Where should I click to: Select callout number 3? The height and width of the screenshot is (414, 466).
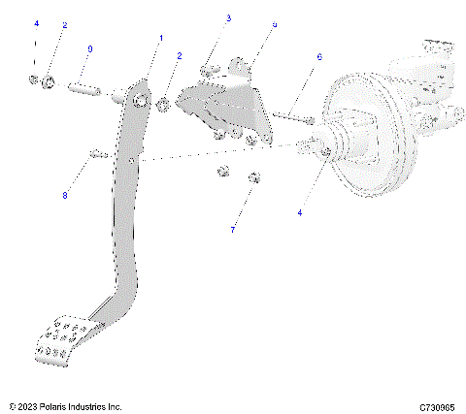pyautogui.click(x=229, y=18)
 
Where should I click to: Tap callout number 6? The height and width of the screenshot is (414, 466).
pyautogui.click(x=318, y=57)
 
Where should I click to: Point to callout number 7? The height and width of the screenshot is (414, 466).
pyautogui.click(x=232, y=229)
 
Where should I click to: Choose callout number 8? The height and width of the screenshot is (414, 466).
pyautogui.click(x=66, y=195)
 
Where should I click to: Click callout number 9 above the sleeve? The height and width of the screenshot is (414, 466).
pyautogui.click(x=90, y=48)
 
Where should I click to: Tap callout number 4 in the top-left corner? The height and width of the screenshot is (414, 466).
pyautogui.click(x=36, y=21)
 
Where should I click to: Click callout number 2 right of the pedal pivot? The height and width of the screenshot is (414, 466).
pyautogui.click(x=179, y=56)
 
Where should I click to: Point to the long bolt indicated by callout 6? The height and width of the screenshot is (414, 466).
pyautogui.click(x=292, y=117)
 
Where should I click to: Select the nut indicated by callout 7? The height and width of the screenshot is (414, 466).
pyautogui.click(x=256, y=177)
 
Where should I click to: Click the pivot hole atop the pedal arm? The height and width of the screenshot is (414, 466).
pyautogui.click(x=142, y=100)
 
